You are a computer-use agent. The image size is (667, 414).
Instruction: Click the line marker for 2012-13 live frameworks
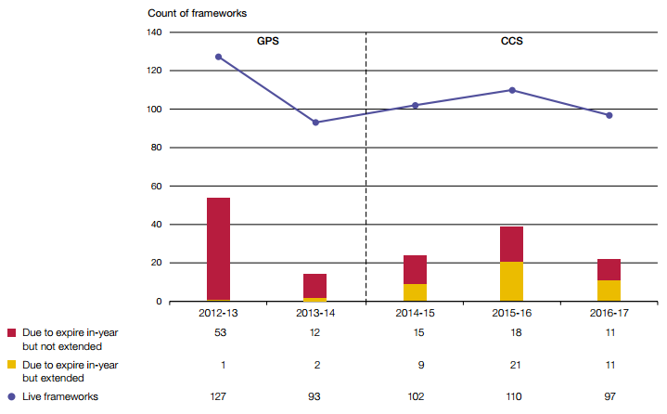pyautogui.click(x=219, y=57)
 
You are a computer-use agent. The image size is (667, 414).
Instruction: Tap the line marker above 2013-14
pyautogui.click(x=315, y=123)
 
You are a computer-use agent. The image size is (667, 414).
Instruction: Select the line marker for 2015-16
pyautogui.click(x=512, y=90)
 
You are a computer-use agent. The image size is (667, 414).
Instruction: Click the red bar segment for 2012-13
pyautogui.click(x=219, y=249)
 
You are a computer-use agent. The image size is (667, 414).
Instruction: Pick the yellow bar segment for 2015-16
pyautogui.click(x=512, y=281)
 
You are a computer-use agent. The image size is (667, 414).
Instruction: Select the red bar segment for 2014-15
pyautogui.click(x=415, y=269)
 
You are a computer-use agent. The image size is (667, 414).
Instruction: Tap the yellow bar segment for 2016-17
pyautogui.click(x=609, y=291)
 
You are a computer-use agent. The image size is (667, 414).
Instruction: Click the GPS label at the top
pyautogui.click(x=269, y=42)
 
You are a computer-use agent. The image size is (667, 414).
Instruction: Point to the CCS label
pyautogui.click(x=511, y=42)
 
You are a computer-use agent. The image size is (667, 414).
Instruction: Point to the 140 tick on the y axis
pyautogui.click(x=154, y=32)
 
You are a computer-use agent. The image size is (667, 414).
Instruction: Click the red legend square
pyautogui.click(x=11, y=332)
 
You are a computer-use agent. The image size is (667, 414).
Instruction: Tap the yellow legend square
pyautogui.click(x=11, y=366)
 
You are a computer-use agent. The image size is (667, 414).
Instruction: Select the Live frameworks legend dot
pyautogui.click(x=11, y=397)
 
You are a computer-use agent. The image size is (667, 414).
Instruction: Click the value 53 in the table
pyautogui.click(x=219, y=332)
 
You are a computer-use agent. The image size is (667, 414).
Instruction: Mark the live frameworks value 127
pyautogui.click(x=219, y=397)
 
